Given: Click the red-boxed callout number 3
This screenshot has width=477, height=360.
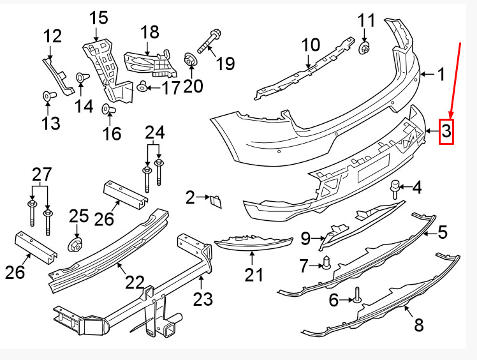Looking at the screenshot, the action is click(446, 131).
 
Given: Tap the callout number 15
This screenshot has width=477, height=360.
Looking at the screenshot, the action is click(99, 18).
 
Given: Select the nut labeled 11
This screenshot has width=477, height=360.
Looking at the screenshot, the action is click(364, 48).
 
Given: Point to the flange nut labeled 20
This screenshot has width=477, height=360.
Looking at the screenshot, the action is click(189, 59).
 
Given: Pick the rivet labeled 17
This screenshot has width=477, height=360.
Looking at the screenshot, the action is click(142, 87).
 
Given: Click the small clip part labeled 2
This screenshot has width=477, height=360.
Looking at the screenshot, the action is click(216, 202).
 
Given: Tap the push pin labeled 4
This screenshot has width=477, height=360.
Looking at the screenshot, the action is click(395, 189).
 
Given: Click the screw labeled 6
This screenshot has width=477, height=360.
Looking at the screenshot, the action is click(357, 296).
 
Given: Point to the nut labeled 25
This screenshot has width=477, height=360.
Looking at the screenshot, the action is click(75, 244).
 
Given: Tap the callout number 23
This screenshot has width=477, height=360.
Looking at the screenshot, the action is click(203, 299).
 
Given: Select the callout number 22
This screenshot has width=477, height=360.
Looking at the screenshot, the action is click(135, 282).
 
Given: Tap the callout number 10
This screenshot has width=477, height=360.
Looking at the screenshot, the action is click(311, 45).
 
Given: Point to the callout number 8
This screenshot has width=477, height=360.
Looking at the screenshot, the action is click(419, 324).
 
